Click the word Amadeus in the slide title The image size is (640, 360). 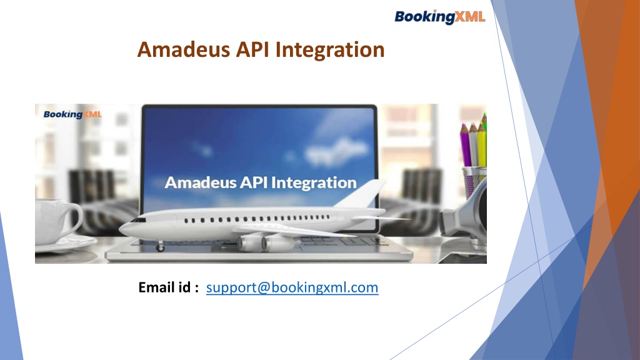pyautogui.click(x=183, y=49)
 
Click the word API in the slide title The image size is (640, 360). pyautogui.click(x=252, y=49)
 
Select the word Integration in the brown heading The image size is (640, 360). pyautogui.click(x=330, y=51)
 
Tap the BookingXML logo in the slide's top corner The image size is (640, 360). pyautogui.click(x=439, y=17)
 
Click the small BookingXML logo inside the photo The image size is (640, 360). pyautogui.click(x=72, y=114)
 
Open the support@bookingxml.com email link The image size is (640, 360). pyautogui.click(x=292, y=287)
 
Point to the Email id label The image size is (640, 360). pyautogui.click(x=168, y=287)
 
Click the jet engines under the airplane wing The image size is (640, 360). pyautogui.click(x=265, y=243)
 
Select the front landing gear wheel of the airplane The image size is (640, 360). pyautogui.click(x=160, y=246)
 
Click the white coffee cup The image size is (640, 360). pyautogui.click(x=57, y=221)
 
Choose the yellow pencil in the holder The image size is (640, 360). pyautogui.click(x=482, y=144)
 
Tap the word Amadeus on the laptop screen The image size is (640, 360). pyautogui.click(x=200, y=182)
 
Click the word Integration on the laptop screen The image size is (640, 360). pyautogui.click(x=314, y=183)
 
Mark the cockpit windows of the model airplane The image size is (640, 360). pyautogui.click(x=139, y=220)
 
